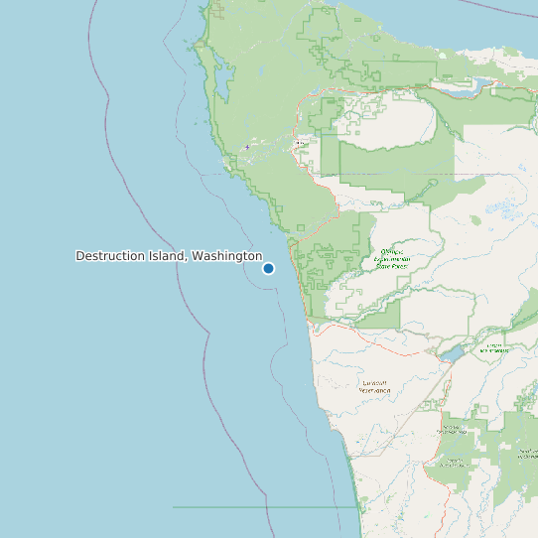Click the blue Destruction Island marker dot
click(268, 268)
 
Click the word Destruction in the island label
click(110, 256)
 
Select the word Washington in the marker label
click(227, 256)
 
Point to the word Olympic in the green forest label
click(390, 252)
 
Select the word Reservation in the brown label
click(376, 391)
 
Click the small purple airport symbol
click(247, 148)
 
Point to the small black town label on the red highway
click(301, 144)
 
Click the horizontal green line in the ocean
click(258, 507)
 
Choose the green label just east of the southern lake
click(493, 348)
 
